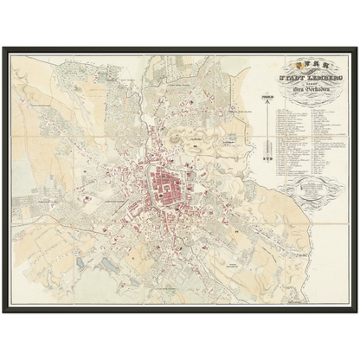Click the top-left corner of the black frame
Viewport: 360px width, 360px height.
pyautogui.click(x=3, y=47)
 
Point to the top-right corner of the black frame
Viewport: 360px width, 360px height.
pyautogui.click(x=357, y=47)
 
